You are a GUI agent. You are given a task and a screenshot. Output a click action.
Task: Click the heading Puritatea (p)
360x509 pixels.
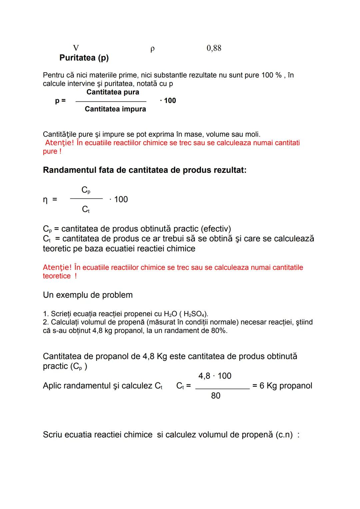click(84, 58)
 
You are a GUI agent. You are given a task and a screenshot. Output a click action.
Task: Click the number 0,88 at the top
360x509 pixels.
click(214, 48)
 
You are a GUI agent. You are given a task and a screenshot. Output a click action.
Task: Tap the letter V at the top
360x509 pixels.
click(76, 48)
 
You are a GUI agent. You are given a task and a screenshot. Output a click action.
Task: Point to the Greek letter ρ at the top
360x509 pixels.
click(152, 49)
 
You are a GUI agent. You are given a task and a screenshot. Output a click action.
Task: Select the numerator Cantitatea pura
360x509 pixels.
click(113, 92)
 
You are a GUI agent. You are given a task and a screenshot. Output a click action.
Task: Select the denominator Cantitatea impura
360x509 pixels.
click(115, 109)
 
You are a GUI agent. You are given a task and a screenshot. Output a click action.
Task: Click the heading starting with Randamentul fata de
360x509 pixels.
click(145, 170)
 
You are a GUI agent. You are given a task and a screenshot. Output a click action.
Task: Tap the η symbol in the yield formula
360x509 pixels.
click(45, 200)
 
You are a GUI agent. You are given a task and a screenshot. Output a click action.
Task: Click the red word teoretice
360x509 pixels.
click(57, 276)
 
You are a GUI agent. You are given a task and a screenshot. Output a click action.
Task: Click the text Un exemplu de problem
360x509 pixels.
click(88, 295)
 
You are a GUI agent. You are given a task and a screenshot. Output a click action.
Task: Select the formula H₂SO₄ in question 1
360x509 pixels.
click(195, 314)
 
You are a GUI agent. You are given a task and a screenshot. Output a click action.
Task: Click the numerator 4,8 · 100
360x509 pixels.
click(215, 376)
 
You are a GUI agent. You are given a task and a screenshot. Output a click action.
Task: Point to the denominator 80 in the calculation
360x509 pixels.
click(216, 396)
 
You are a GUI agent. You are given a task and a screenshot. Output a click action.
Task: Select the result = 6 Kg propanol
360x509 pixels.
click(282, 386)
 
